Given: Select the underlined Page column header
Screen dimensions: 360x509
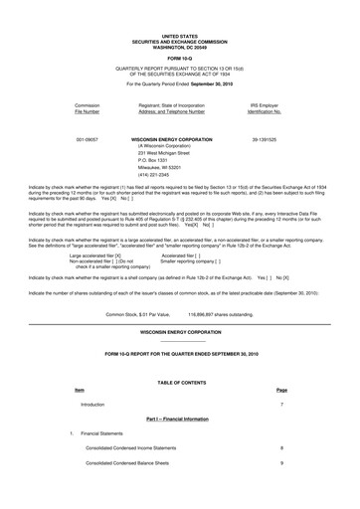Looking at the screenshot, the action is [281, 390].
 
